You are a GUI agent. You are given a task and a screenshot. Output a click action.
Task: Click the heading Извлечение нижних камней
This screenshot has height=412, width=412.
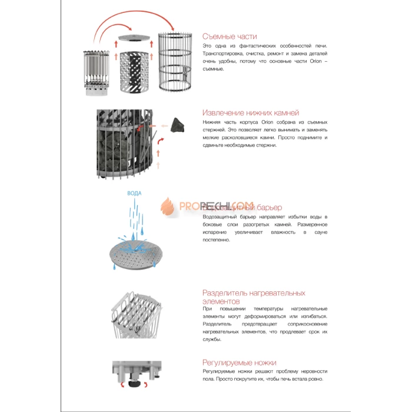tap(251, 112)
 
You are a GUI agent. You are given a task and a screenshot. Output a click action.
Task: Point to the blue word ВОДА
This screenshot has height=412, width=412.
tap(135, 193)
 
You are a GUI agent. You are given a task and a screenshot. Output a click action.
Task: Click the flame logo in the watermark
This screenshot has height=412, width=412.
tap(165, 207)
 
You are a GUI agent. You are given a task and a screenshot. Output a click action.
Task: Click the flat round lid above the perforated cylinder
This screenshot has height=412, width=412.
tap(135, 38)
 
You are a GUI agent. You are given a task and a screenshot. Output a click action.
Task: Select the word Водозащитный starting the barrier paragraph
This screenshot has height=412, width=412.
tap(221, 217)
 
